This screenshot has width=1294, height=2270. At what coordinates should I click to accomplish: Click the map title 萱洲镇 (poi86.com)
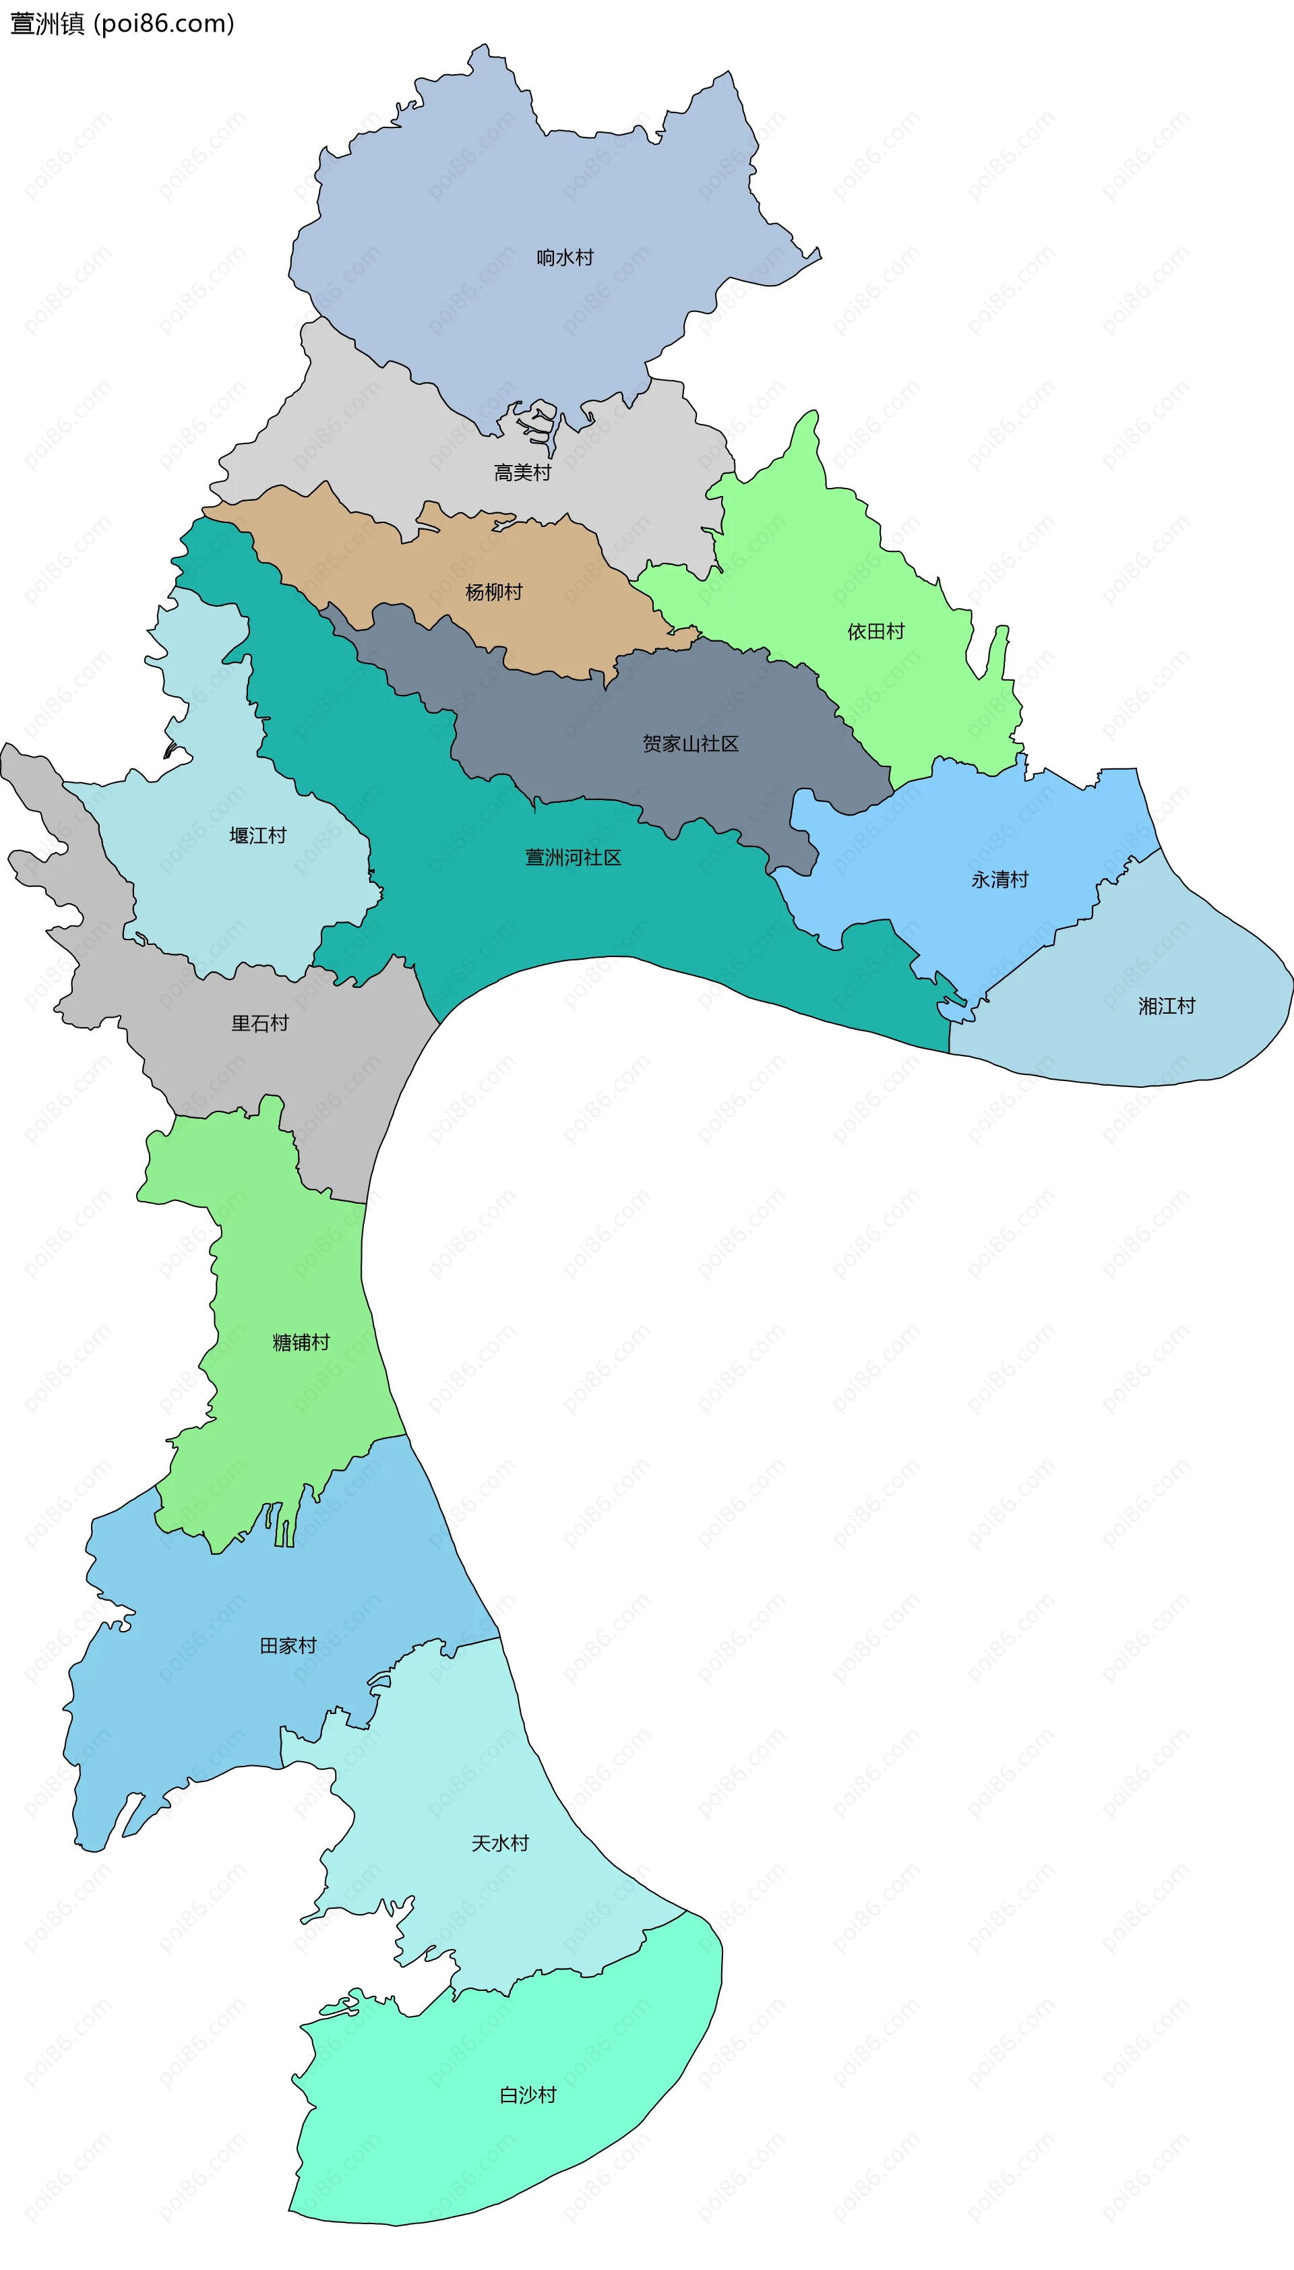click(122, 23)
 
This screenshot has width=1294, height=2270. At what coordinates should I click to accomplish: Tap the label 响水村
click(564, 257)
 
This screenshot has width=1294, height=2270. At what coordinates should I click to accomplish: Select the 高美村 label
click(522, 473)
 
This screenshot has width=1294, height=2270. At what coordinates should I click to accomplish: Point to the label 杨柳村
click(493, 592)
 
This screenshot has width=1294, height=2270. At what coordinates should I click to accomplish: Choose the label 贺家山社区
click(691, 744)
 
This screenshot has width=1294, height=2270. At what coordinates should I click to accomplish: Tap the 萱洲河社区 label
click(574, 858)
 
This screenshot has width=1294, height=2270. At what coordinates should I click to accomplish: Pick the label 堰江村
click(257, 836)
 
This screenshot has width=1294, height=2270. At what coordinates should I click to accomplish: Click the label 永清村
click(1000, 880)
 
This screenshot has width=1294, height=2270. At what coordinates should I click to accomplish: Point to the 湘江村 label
click(1167, 1006)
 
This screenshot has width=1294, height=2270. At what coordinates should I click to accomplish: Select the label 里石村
click(259, 1023)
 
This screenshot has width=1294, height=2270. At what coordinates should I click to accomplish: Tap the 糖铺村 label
click(301, 1342)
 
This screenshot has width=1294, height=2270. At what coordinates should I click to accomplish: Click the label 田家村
click(288, 1646)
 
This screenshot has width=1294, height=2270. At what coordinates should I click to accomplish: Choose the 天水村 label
click(499, 1843)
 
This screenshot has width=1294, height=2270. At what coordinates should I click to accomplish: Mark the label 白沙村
click(528, 2095)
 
